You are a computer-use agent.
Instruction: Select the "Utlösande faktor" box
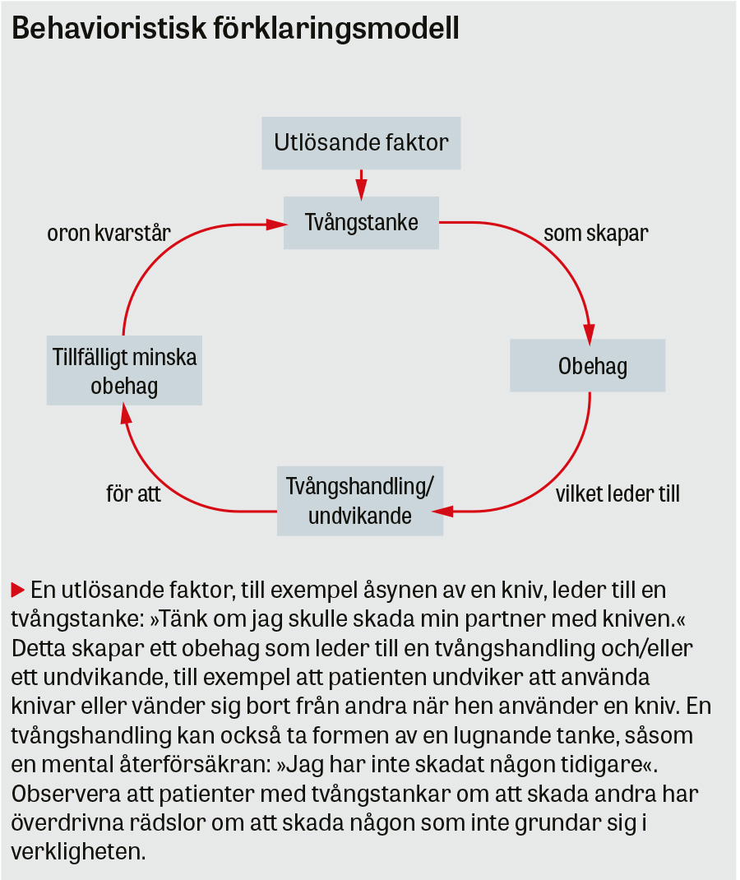tap(361, 142)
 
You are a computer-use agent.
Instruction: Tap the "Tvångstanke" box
tap(361, 222)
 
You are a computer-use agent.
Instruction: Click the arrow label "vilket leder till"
tap(617, 494)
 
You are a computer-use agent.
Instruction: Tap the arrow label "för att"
tap(133, 494)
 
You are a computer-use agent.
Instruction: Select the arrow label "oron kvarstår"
tap(109, 233)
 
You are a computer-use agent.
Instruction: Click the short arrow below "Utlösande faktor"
tap(361, 184)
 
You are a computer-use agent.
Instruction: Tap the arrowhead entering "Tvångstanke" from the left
tap(275, 222)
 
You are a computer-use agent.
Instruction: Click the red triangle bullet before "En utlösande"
tap(17, 590)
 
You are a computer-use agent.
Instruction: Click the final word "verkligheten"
tap(78, 851)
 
